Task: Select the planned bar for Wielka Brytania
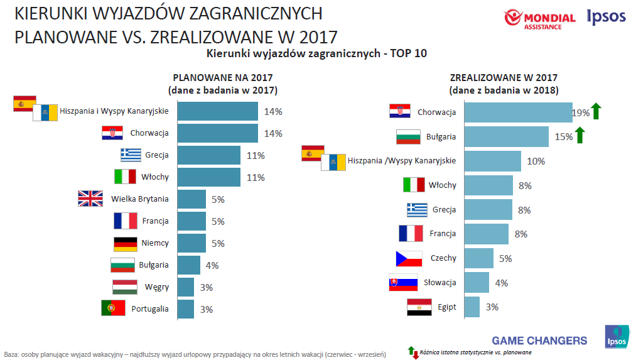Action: coord(191,199)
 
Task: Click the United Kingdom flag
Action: coord(90,199)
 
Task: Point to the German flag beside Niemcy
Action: coord(125,244)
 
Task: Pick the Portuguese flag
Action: coord(113,308)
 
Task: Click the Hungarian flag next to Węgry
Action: coord(124,287)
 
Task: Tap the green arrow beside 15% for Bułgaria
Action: coord(580,135)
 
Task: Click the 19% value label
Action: coord(580,113)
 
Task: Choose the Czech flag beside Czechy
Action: coord(408,258)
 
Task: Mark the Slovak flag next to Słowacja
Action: coord(402,283)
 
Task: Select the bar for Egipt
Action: coord(473,307)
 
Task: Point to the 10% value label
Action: coord(536,161)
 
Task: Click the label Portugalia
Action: coord(149,309)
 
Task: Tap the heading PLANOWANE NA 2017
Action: coord(223,78)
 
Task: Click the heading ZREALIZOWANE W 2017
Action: coord(504,78)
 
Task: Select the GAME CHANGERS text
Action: coord(539,341)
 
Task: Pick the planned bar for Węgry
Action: coord(186,287)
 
